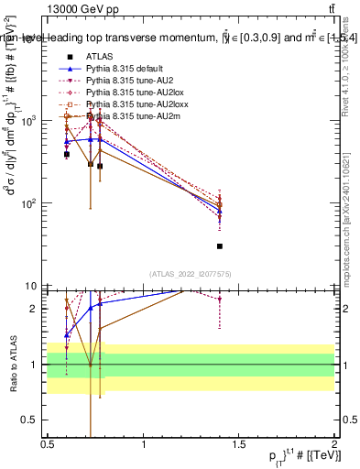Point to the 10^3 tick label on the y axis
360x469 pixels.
pyautogui.click(x=32, y=121)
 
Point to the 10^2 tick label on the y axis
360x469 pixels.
pyautogui.click(x=32, y=203)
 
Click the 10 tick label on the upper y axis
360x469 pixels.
pyautogui.click(x=35, y=286)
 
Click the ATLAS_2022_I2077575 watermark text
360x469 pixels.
pyautogui.click(x=191, y=274)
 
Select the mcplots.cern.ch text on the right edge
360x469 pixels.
pyautogui.click(x=352, y=251)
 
